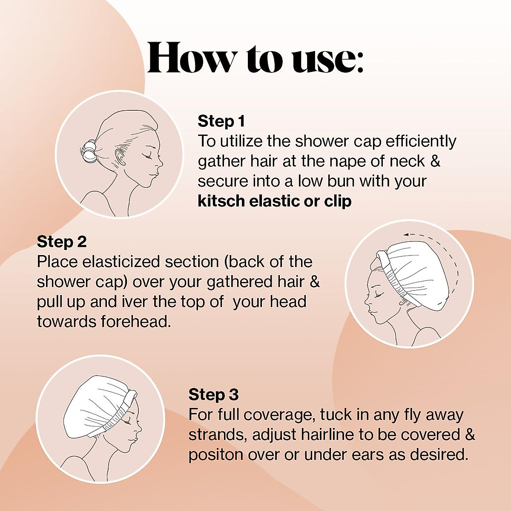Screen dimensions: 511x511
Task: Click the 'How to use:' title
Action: coord(255,59)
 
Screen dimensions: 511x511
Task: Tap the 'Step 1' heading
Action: coord(221,121)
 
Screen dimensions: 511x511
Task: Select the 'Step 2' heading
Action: coord(61,242)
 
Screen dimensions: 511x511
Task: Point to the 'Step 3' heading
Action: coord(213,394)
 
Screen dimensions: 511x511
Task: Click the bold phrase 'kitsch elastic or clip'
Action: coord(274,201)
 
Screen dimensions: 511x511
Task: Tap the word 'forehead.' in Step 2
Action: coord(136,322)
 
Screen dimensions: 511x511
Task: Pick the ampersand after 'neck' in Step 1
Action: coord(435,161)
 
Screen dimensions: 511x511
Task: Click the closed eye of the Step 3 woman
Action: coord(127,421)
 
